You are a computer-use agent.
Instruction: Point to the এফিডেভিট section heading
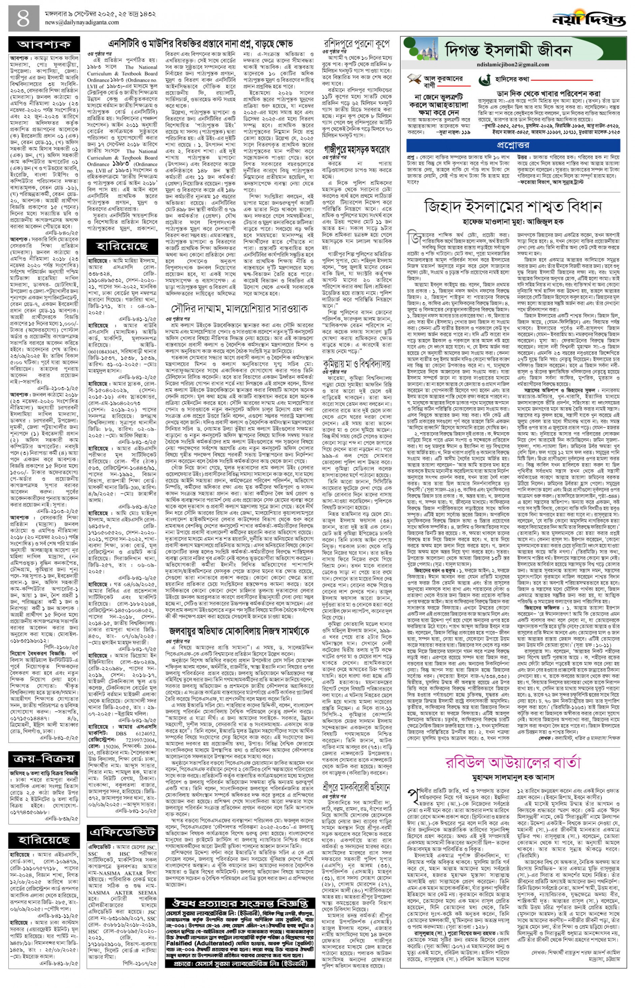click(x=123, y=818)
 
